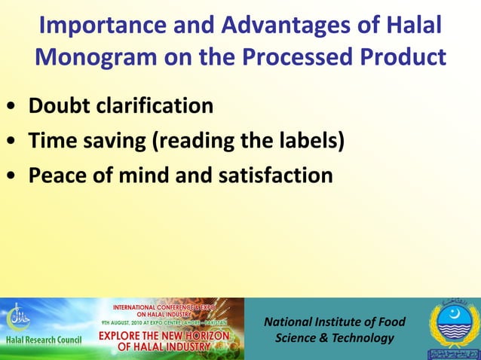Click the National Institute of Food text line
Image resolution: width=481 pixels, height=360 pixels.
334,322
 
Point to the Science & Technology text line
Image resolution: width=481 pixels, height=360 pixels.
334,338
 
